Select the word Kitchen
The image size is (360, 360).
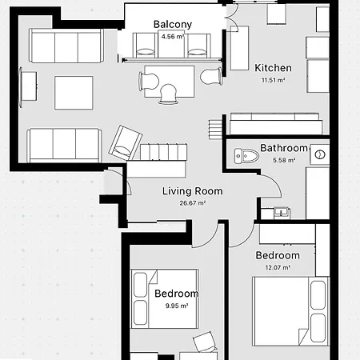click(x=273, y=68)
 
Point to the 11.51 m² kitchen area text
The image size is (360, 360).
click(x=273, y=80)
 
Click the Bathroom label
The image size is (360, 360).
click(x=284, y=149)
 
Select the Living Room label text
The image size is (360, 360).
click(x=192, y=191)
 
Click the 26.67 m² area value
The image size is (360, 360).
click(x=192, y=203)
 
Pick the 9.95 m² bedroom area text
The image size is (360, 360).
click(x=176, y=306)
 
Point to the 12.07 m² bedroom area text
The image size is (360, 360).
click(x=273, y=267)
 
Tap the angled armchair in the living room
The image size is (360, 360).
click(x=126, y=142)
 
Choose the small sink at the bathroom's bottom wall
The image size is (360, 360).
click(x=281, y=213)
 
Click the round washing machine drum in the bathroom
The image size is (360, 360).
click(x=319, y=153)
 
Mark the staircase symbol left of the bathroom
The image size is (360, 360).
click(x=214, y=129)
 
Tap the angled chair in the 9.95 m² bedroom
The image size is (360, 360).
click(x=206, y=342)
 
